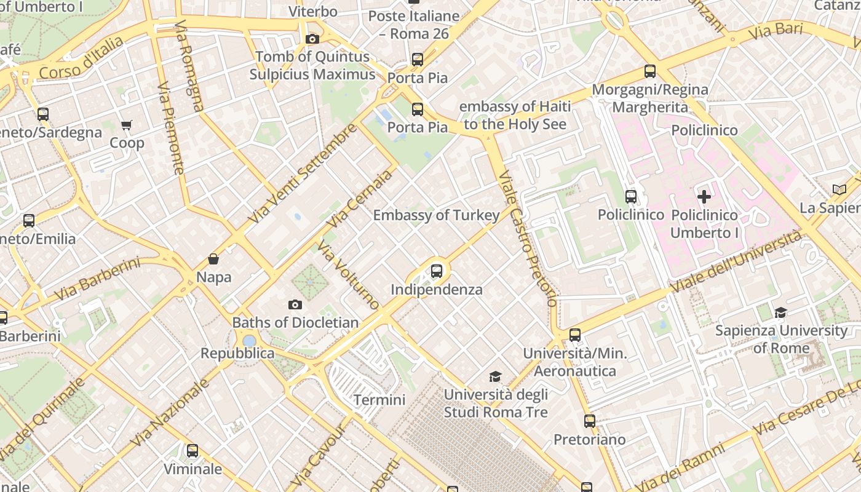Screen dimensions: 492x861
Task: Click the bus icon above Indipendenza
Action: coord(437,271)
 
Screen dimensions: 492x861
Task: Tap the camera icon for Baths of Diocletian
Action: coord(295,304)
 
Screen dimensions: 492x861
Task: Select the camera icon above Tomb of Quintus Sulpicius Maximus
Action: coord(312,39)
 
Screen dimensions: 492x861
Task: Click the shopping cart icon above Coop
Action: coord(127,125)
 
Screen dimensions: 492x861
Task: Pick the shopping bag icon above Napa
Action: coord(213,259)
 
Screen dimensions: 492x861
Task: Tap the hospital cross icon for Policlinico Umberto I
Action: coord(704,197)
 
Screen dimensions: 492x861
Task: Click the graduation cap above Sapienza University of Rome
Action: coord(781,312)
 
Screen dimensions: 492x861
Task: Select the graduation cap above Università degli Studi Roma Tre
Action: coord(495,376)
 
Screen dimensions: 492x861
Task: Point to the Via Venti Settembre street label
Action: coord(303,174)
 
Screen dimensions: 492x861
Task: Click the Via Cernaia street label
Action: coord(359,199)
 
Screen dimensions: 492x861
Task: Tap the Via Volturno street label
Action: coord(349,274)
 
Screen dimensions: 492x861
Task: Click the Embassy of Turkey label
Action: coord(436,215)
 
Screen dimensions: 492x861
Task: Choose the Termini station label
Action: coord(379,400)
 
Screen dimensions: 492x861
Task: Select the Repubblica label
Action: coord(237,353)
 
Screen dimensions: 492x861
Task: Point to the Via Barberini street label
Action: coord(97,280)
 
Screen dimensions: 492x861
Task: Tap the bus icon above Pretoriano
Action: coord(590,421)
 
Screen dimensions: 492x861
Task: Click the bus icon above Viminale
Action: coord(192,451)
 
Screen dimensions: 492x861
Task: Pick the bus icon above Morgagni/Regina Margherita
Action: coord(650,71)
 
